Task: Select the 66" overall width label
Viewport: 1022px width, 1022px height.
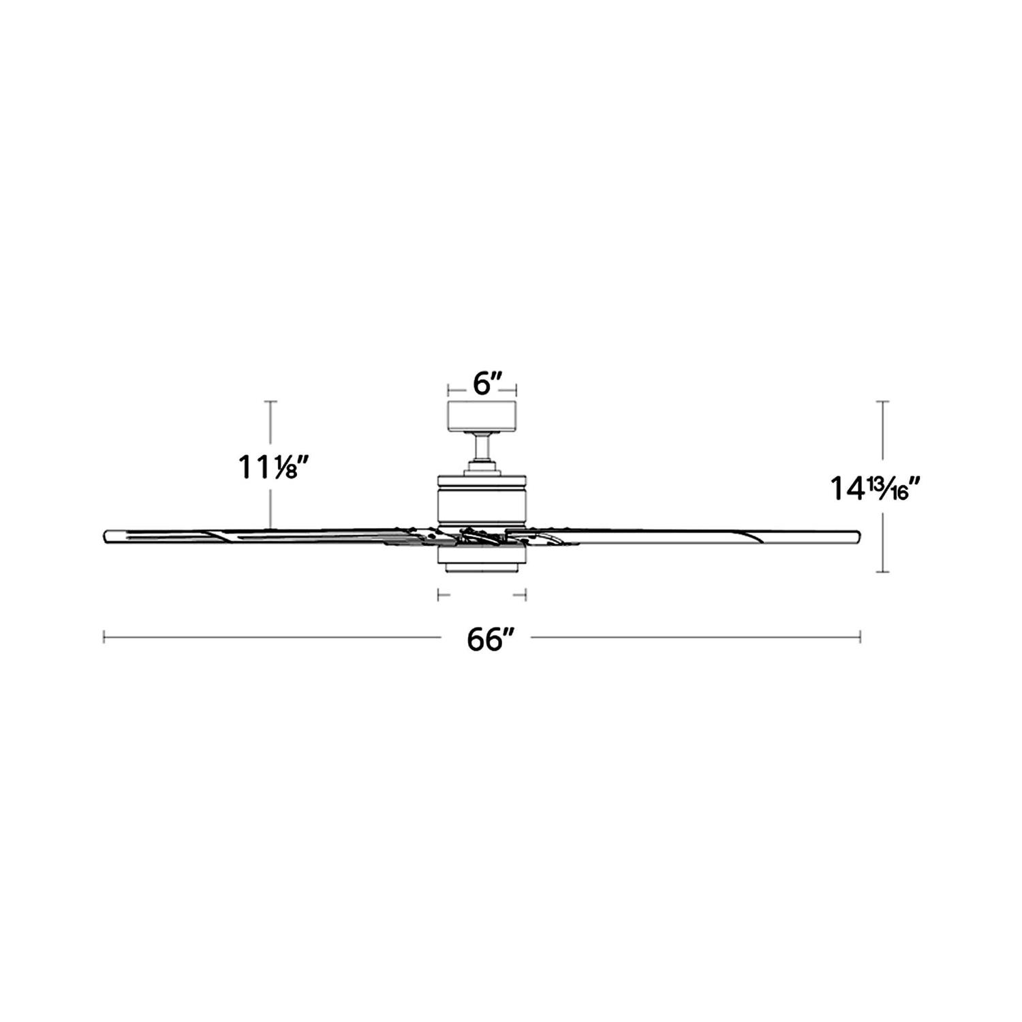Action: click(x=489, y=640)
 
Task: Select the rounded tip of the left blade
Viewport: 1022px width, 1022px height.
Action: click(x=107, y=536)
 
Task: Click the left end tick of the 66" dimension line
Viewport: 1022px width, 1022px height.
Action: click(x=104, y=637)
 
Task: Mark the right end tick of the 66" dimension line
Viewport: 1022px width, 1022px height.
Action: click(x=861, y=637)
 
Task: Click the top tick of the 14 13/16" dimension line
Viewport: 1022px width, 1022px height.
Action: click(x=884, y=402)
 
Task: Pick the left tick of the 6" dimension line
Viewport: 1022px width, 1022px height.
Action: click(x=448, y=390)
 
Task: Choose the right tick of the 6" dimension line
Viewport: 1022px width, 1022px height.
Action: click(x=516, y=390)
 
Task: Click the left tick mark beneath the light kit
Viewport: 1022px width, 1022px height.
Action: click(x=438, y=595)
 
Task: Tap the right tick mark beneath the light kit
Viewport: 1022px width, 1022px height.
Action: click(x=525, y=595)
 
